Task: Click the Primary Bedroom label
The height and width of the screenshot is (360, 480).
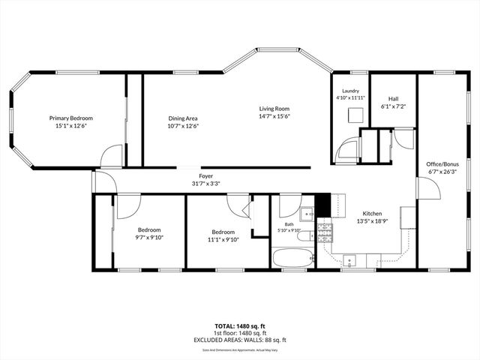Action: point(71,118)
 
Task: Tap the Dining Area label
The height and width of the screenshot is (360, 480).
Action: point(182,118)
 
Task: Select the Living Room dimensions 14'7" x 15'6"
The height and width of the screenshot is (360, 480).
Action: point(274,116)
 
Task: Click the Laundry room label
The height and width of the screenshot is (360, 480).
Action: point(350,91)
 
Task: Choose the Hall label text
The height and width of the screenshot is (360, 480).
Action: point(393,99)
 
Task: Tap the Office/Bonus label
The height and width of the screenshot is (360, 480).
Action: point(442,164)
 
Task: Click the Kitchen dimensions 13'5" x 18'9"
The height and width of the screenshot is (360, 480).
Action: point(373,221)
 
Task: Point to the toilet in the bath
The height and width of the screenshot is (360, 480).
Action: point(304,238)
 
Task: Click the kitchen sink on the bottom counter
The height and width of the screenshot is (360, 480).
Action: point(350,262)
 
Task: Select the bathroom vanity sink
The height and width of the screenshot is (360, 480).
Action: point(307,211)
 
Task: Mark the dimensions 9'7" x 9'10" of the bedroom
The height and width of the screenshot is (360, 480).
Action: point(148,238)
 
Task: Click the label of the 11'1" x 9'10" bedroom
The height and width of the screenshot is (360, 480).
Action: point(223,232)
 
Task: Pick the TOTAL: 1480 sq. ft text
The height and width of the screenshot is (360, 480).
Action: point(239,325)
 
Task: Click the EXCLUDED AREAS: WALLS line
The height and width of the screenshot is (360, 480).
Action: point(239,339)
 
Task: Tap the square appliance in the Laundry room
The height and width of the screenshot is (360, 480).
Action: point(357,115)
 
